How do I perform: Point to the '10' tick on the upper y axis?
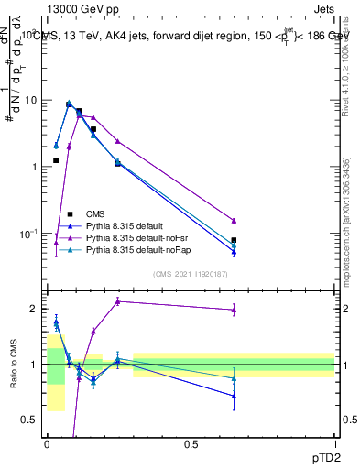[32, 100]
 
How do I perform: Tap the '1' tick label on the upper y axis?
[36, 167]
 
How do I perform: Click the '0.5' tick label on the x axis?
[191, 445]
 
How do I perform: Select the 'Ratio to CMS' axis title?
[13, 364]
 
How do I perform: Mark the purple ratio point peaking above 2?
[118, 301]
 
